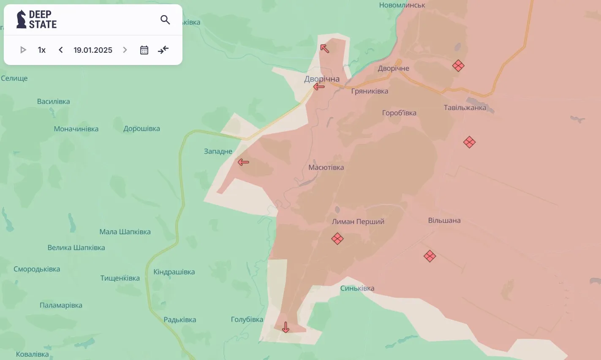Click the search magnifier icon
coord(165,20)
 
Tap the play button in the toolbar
coord(23,50)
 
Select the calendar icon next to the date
coord(144,50)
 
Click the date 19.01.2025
coord(93,50)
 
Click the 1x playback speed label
coord(42,50)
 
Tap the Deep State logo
coord(36,19)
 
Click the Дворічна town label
coord(322,79)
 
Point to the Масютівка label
coord(326,167)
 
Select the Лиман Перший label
coord(358,222)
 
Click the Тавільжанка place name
coord(465,108)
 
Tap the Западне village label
coord(218,151)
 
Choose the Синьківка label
coord(357,288)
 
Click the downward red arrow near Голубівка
coord(286,327)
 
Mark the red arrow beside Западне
coord(243,162)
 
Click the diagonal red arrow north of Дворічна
coord(324,48)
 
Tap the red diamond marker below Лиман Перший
coord(337,239)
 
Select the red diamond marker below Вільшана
coord(430,256)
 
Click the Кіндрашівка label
coord(174,272)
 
